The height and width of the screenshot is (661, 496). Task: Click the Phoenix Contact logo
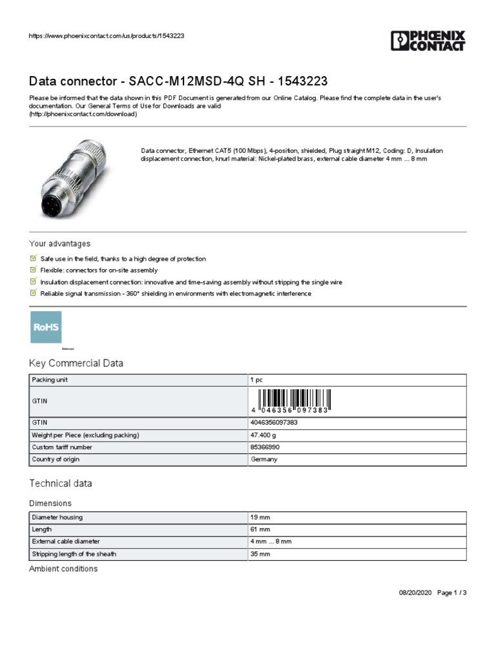click(x=428, y=40)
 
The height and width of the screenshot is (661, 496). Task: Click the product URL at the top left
click(x=107, y=36)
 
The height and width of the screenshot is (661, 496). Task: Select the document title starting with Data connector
click(x=178, y=81)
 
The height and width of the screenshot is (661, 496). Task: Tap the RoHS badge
click(x=46, y=327)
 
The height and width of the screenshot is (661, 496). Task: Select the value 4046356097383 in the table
click(x=274, y=423)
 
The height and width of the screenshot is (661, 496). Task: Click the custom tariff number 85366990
click(x=265, y=447)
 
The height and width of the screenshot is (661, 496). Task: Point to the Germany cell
click(x=263, y=460)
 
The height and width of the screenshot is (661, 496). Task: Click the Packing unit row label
click(x=50, y=380)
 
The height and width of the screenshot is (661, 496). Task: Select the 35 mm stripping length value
click(x=260, y=554)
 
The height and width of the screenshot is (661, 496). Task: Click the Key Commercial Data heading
click(x=76, y=363)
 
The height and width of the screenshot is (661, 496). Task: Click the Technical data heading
click(x=61, y=483)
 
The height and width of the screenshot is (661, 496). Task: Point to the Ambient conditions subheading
click(x=63, y=569)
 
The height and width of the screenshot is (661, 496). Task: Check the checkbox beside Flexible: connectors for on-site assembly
click(x=34, y=270)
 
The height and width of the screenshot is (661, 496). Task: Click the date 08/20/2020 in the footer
click(x=411, y=593)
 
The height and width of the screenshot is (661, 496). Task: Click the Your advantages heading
click(x=59, y=244)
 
